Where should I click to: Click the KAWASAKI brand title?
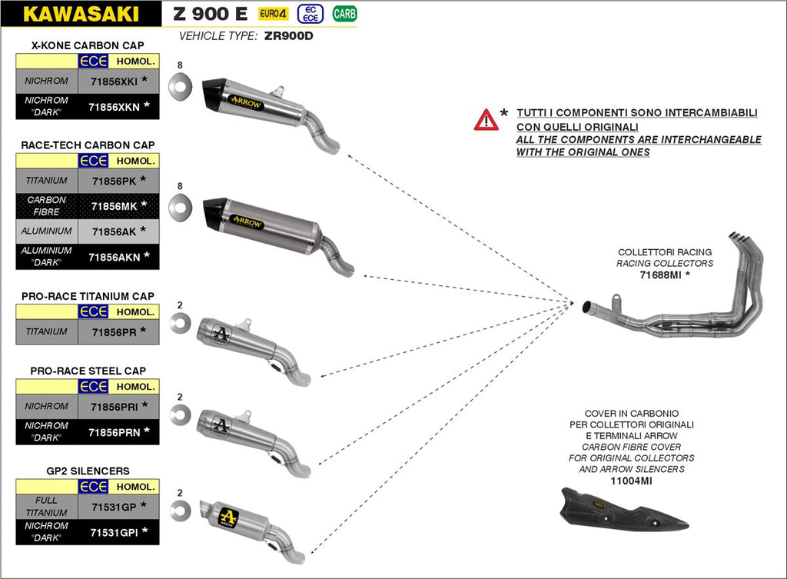coord(81,14)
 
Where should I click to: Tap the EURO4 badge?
coord(273,13)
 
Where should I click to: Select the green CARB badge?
coord(344,13)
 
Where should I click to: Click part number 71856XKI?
coord(113,81)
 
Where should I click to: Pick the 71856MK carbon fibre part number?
coord(113,205)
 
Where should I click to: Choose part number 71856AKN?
coord(114,257)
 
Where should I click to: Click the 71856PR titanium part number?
coord(113,332)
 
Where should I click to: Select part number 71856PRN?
coord(114,432)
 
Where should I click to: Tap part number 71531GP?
coord(113,507)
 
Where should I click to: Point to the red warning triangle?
coord(486,120)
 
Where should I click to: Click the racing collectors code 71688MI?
coord(661,274)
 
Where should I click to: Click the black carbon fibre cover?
coord(622,511)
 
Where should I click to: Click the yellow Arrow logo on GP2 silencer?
coord(229,516)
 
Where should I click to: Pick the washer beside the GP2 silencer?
coord(181,509)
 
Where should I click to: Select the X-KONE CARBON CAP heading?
coord(88,45)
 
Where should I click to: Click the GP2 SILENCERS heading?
coord(88,471)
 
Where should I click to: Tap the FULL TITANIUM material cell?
coord(47,507)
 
